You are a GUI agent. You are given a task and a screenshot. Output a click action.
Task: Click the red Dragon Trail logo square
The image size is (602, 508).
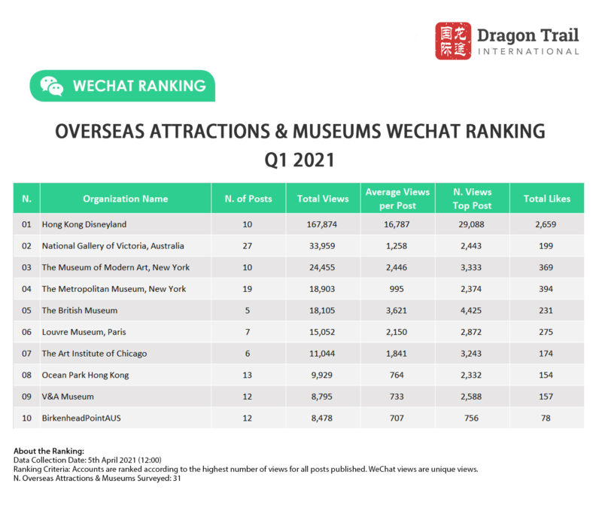click(x=454, y=41)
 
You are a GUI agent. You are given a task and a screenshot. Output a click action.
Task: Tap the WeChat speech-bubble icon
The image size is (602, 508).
click(x=52, y=86)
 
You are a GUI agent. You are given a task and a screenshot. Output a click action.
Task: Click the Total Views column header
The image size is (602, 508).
click(x=323, y=199)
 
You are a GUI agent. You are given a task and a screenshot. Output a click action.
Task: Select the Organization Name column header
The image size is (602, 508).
click(x=126, y=199)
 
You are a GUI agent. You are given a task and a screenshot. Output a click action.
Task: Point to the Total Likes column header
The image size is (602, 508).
click(x=547, y=199)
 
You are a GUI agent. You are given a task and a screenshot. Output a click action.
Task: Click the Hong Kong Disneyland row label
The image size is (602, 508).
click(x=84, y=224)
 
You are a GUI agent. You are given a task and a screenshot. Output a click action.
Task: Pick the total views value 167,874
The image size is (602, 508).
click(x=323, y=224)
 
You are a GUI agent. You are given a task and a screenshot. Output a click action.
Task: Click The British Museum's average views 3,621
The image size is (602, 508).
click(x=397, y=310)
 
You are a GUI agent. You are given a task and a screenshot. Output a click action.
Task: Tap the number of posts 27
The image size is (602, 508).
click(x=248, y=245)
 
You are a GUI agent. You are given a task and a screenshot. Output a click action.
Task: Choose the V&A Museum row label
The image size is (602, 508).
click(x=68, y=396)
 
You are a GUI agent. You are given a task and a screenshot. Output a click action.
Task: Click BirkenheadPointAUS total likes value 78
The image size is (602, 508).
click(x=547, y=418)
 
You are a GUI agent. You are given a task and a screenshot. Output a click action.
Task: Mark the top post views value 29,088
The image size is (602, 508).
click(x=473, y=224)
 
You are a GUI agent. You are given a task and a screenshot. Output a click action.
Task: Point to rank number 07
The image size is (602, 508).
click(x=26, y=353)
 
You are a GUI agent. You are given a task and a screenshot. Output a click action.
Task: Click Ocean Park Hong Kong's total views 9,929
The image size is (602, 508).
click(x=323, y=375)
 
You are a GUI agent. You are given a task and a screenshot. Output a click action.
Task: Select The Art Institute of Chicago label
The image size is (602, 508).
click(x=94, y=353)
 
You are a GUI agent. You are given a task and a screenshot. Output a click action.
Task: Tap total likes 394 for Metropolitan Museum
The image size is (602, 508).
click(x=547, y=288)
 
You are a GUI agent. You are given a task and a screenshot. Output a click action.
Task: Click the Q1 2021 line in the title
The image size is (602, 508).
click(x=300, y=160)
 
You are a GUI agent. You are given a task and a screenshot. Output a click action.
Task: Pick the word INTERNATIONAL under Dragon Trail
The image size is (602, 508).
click(x=529, y=52)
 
